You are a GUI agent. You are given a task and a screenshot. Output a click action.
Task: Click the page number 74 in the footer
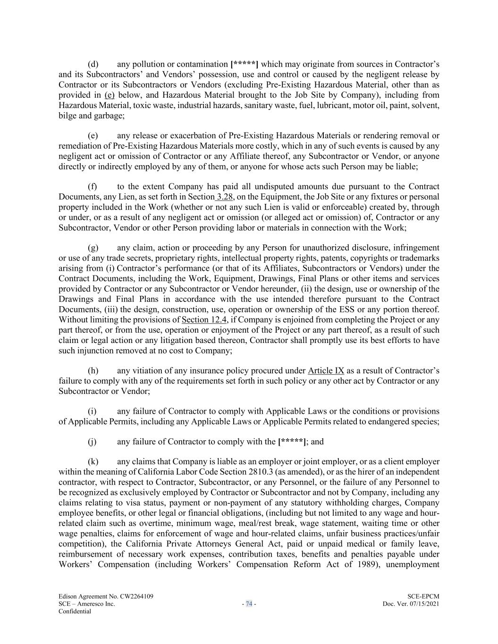point(249,604)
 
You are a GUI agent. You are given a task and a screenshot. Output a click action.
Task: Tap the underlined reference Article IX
point(326,371)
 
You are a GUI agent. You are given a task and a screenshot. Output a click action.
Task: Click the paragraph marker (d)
point(93,64)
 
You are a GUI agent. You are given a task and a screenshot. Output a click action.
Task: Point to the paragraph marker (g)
point(93,248)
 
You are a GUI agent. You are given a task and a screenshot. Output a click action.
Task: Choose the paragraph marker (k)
point(93,462)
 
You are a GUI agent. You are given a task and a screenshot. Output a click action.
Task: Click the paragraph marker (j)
point(93,442)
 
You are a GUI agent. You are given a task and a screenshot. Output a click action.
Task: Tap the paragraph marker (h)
point(93,371)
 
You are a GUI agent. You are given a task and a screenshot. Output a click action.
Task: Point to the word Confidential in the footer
point(75,611)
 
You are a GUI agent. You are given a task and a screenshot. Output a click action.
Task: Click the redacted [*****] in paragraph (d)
point(244,64)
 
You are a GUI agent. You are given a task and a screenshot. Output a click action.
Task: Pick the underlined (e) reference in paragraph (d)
point(109,95)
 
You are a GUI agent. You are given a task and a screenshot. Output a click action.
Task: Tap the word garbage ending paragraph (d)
point(109,116)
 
